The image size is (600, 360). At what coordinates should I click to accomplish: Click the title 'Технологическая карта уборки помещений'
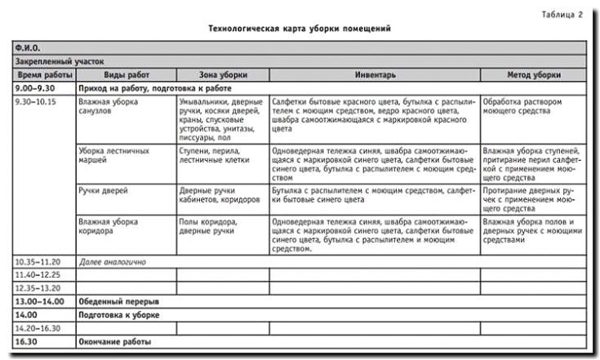pyautogui.click(x=296, y=29)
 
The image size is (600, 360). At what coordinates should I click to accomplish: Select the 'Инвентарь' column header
pyautogui.click(x=375, y=74)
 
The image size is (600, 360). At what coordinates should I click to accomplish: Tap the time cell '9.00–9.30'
pyautogui.click(x=36, y=87)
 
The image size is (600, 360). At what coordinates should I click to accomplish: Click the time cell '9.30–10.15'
pyautogui.click(x=38, y=102)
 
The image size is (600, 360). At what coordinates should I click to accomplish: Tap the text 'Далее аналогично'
pyautogui.click(x=112, y=262)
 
